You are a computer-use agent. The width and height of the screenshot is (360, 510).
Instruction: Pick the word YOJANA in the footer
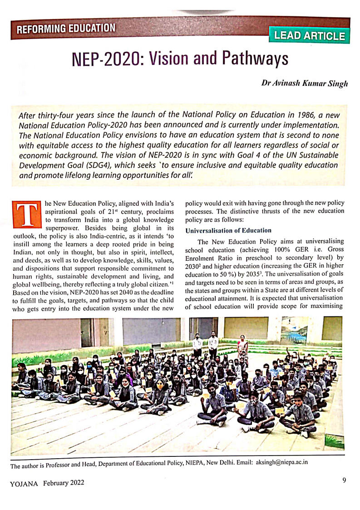[x=25, y=483]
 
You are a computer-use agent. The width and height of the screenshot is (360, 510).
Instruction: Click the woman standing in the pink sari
[x=242, y=347]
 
